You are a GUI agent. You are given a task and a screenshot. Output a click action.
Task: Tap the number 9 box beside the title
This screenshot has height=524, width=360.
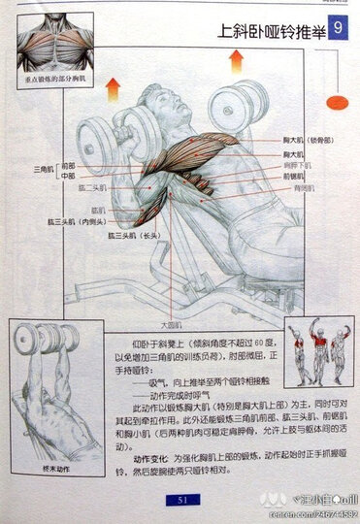tap(338, 31)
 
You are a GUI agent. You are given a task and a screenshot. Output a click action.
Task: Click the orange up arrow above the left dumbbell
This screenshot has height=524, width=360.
tap(113, 88)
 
